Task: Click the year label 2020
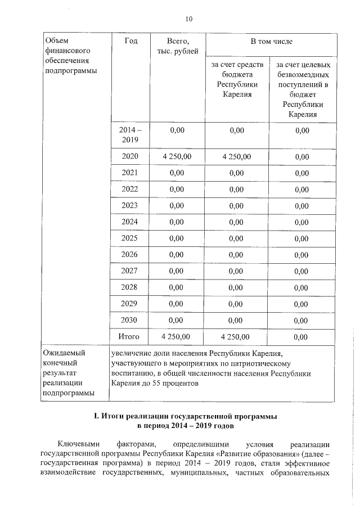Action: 130,156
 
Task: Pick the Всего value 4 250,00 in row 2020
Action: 176,156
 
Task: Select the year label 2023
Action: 130,206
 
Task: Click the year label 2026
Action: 130,255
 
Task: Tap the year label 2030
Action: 130,320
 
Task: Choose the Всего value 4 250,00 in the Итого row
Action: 176,336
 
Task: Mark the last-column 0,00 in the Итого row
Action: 301,337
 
